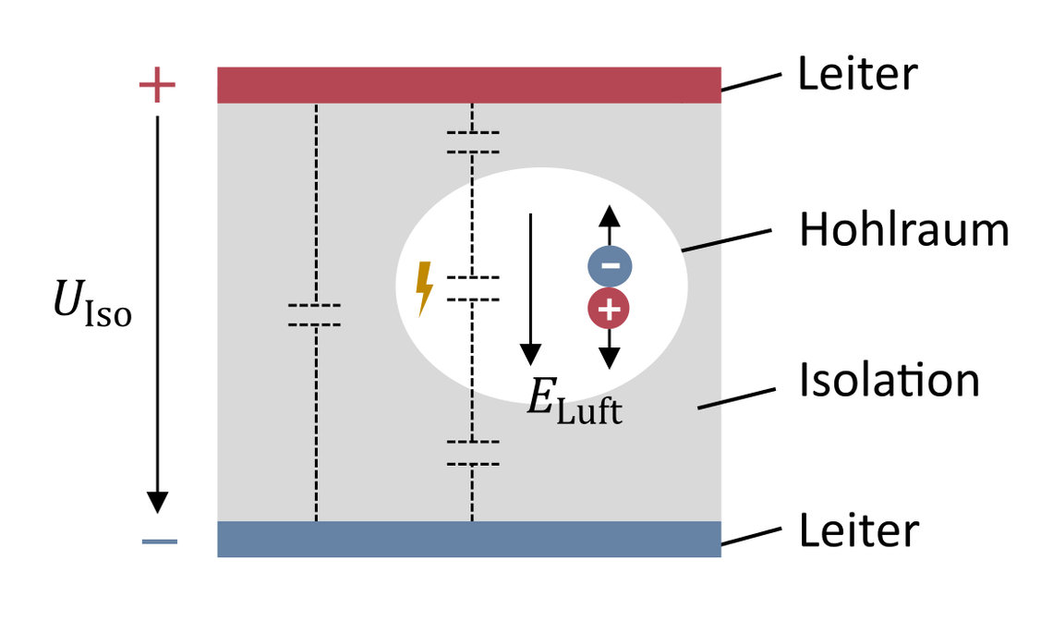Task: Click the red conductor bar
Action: click(468, 85)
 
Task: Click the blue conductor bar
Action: click(468, 539)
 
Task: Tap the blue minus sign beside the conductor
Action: click(159, 541)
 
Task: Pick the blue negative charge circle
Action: click(610, 266)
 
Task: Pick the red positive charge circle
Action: click(608, 310)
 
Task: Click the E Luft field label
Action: click(574, 403)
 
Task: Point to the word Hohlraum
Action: click(903, 230)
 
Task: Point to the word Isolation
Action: click(889, 381)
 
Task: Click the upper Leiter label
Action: click(858, 75)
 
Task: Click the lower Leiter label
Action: click(858, 531)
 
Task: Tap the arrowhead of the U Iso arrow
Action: click(158, 501)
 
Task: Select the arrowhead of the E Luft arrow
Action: click(530, 353)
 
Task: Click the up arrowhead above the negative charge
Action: click(608, 216)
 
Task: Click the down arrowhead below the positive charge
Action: click(608, 359)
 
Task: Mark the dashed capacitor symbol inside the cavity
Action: click(473, 288)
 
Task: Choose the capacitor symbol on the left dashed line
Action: click(315, 315)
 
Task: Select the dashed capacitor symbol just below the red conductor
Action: click(473, 142)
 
